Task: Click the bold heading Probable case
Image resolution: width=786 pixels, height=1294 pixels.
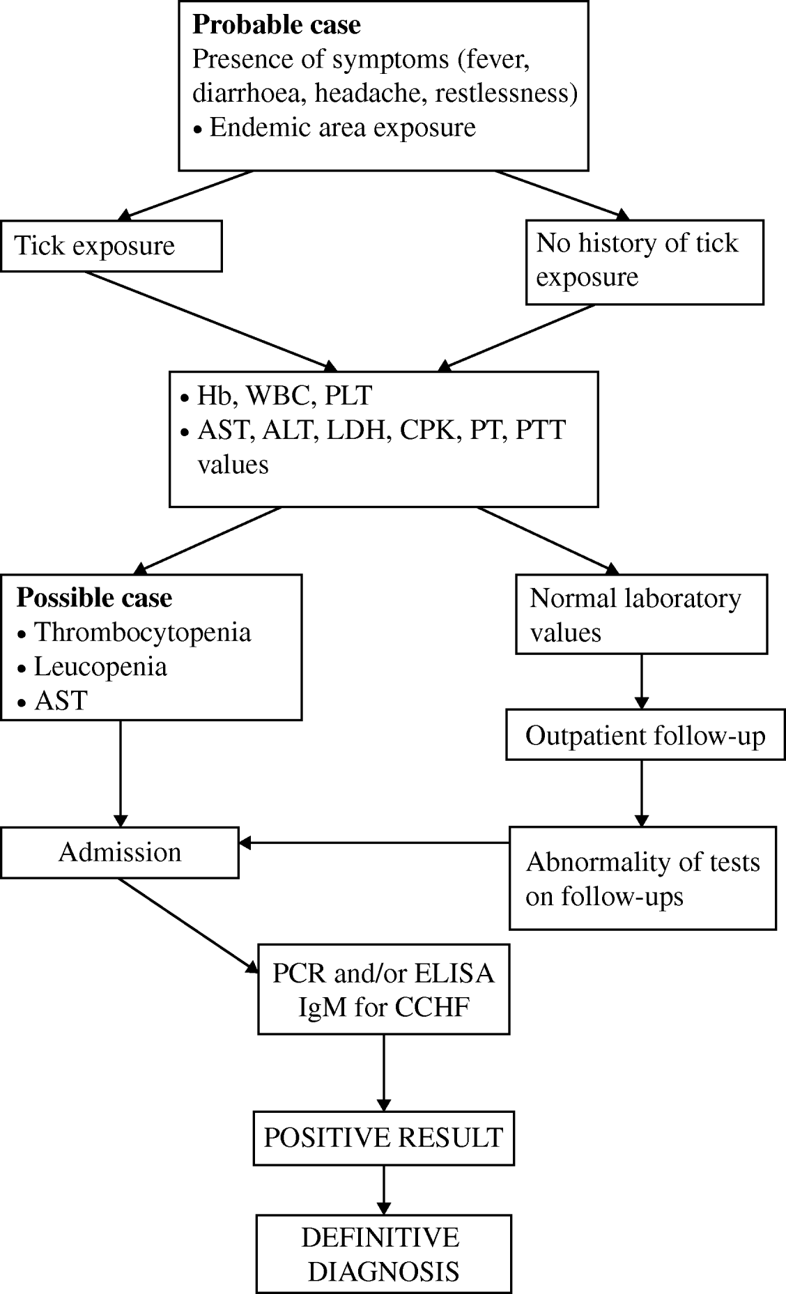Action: tap(277, 25)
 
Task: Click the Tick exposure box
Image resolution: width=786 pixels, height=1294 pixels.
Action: tap(111, 246)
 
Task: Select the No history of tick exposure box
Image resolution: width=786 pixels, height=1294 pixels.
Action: tap(645, 261)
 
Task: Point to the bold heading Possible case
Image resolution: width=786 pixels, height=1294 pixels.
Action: tap(94, 598)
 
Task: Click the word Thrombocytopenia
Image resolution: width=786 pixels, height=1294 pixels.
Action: tap(143, 633)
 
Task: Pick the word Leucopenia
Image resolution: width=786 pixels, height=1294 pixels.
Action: tap(101, 667)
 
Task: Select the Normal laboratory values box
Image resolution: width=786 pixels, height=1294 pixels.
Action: tap(641, 615)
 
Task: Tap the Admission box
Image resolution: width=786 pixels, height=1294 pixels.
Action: tap(120, 852)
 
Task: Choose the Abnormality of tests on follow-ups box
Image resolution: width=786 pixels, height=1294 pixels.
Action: tap(642, 878)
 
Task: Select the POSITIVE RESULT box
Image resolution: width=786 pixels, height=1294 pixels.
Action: tap(383, 1138)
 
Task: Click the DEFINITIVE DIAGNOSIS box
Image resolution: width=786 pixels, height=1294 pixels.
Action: tap(383, 1254)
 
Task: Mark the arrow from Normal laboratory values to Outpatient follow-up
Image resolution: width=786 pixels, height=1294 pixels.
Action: tap(641, 681)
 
